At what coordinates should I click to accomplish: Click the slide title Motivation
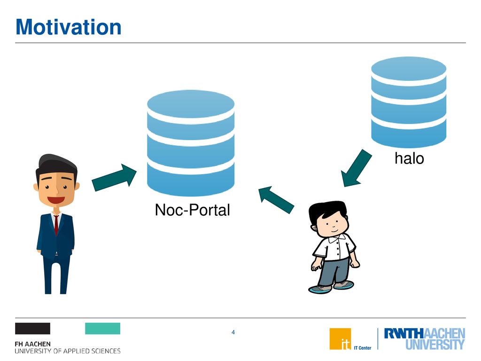(x=69, y=27)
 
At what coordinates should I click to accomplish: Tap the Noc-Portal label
(x=192, y=210)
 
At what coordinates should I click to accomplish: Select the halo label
(x=409, y=158)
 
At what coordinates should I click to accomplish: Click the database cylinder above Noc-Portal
(x=191, y=143)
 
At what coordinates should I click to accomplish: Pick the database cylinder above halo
(x=409, y=102)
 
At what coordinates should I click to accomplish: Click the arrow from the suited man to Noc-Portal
(x=114, y=177)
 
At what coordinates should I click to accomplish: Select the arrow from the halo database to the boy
(x=357, y=168)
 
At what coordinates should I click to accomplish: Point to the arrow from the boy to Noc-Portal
(x=276, y=200)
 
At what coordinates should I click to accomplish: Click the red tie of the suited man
(x=56, y=225)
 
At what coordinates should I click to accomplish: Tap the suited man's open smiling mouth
(x=56, y=200)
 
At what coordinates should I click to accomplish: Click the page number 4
(x=233, y=332)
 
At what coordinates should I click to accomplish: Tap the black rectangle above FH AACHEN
(x=32, y=329)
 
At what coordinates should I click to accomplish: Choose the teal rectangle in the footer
(x=103, y=329)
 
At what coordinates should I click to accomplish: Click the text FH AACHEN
(x=32, y=344)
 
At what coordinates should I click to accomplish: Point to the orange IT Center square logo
(x=340, y=339)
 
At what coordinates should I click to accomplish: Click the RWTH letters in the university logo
(x=403, y=333)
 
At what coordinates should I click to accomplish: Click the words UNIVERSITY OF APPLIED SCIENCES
(x=68, y=351)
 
